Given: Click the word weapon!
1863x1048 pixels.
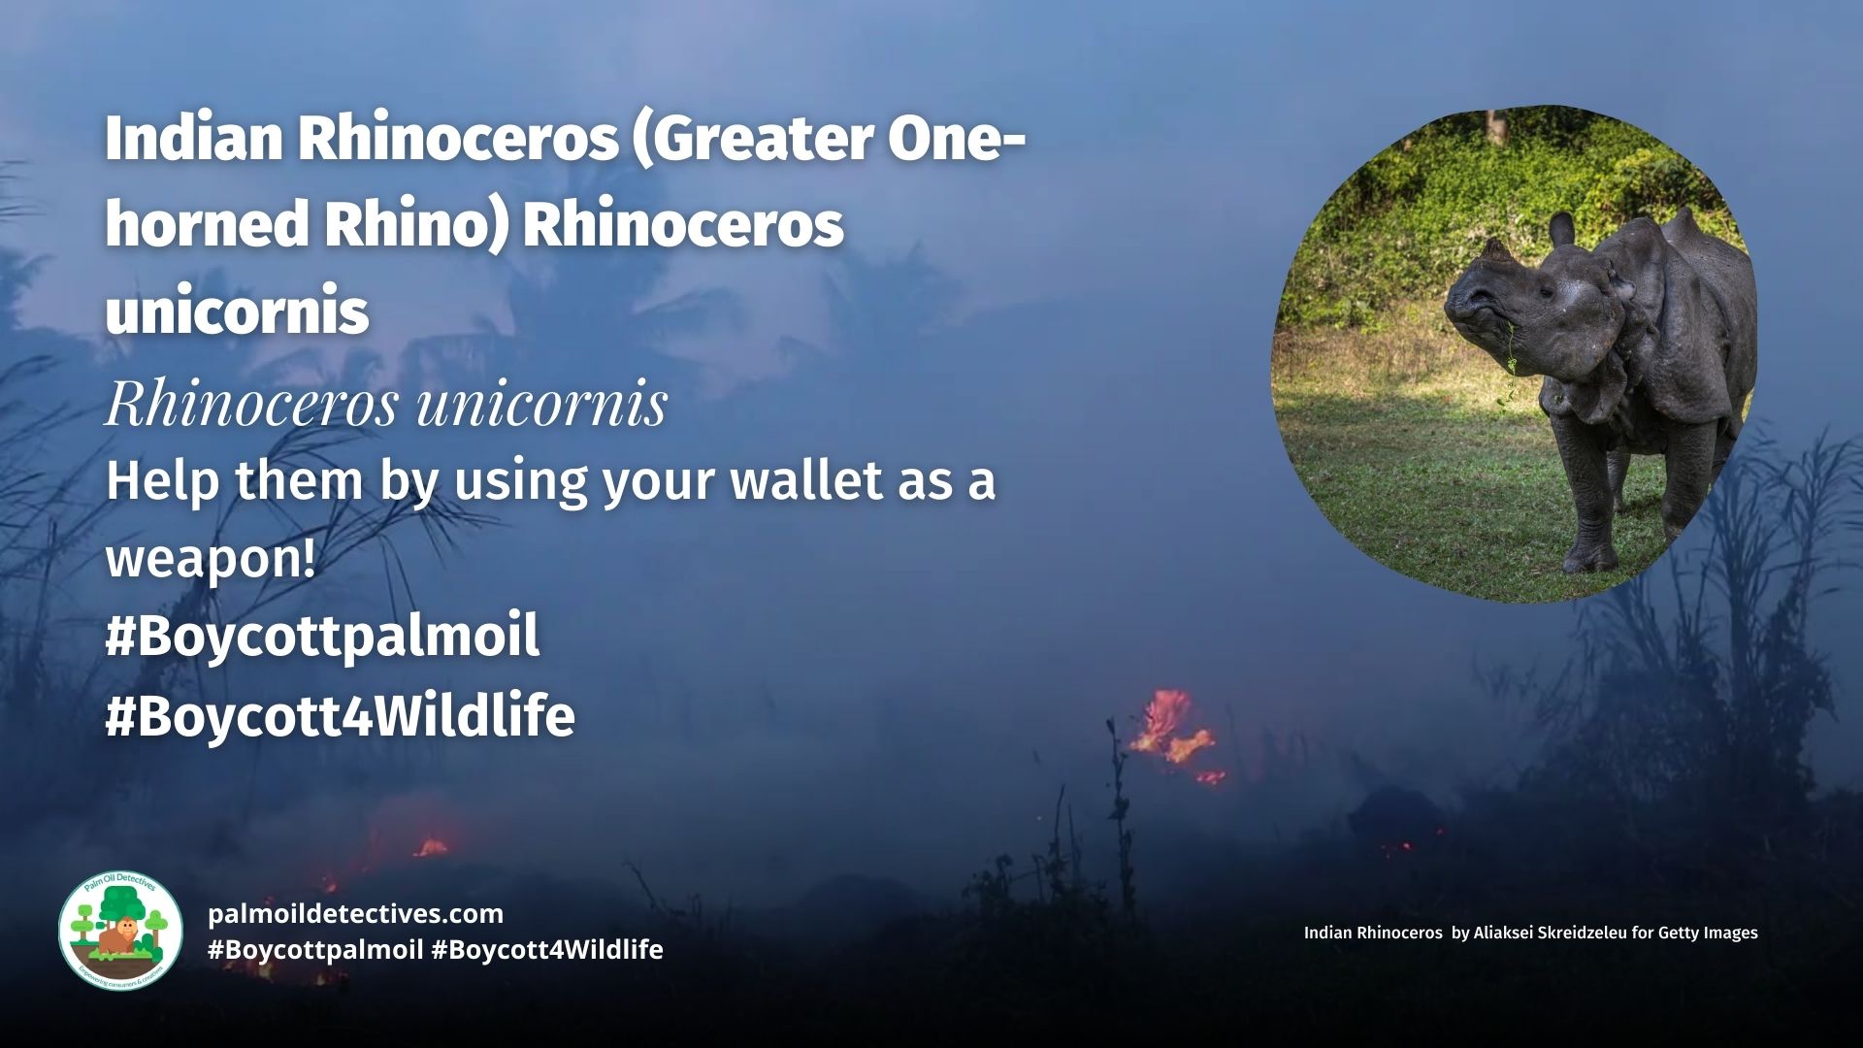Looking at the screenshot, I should (211, 559).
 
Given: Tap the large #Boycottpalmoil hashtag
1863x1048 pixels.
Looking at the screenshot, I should (322, 637).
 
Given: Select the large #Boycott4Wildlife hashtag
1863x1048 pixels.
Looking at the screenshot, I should (340, 716).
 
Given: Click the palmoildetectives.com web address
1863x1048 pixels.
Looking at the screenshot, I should (355, 913).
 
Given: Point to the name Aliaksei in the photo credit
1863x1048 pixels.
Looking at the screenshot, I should (1504, 933).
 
